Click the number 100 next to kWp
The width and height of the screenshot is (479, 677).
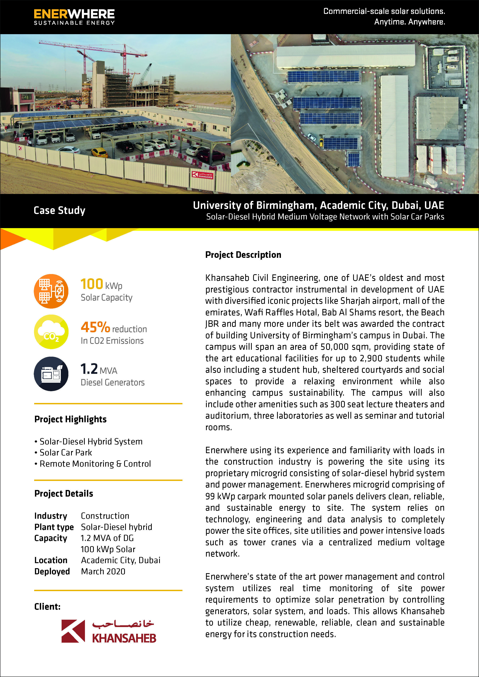click(x=92, y=284)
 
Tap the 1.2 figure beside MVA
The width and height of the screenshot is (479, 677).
click(x=89, y=369)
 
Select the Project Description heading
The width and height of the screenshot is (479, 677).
click(x=243, y=255)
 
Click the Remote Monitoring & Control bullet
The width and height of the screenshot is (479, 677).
click(x=95, y=464)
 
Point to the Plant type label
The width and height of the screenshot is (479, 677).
click(x=54, y=527)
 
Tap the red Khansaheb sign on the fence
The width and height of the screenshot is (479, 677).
click(x=202, y=175)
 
